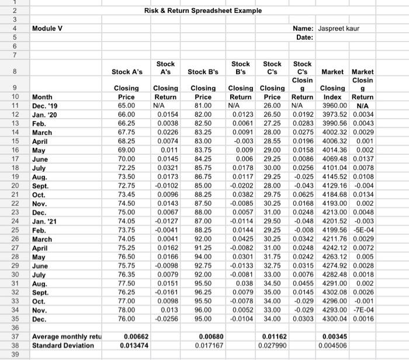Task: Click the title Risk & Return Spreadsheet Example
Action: [203, 11]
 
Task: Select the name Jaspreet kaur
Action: [341, 27]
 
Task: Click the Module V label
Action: [48, 27]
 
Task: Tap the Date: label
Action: [305, 37]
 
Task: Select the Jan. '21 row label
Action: [46, 221]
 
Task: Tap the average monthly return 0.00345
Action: [337, 337]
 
